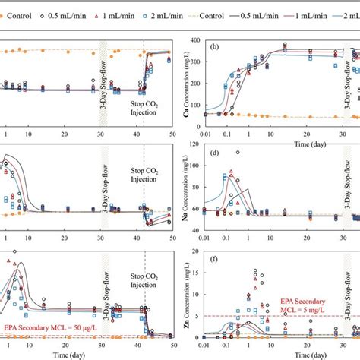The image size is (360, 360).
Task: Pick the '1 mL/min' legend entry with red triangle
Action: (109, 14)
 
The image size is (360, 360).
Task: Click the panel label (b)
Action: (216, 47)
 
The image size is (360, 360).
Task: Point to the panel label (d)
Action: (216, 156)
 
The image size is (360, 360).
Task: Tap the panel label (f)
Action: (216, 267)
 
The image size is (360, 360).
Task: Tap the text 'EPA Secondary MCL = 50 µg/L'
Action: (47, 327)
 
